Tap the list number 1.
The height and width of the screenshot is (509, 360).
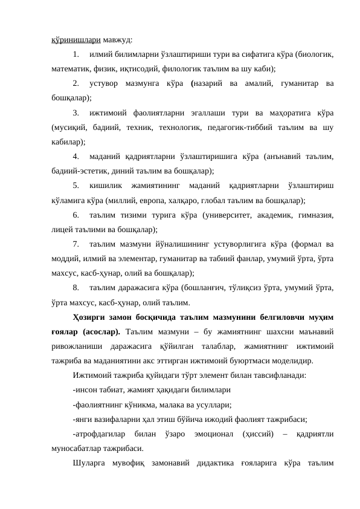(75, 54)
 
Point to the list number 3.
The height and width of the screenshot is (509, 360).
(75, 113)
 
